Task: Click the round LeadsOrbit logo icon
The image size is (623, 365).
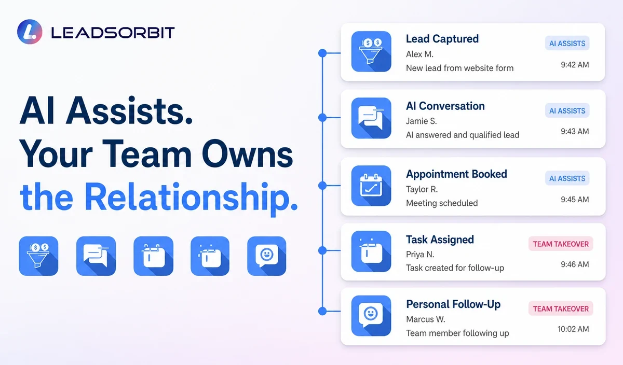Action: coord(30,32)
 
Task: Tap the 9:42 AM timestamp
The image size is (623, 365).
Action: coord(575,65)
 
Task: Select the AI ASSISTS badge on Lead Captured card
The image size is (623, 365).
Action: coord(567,44)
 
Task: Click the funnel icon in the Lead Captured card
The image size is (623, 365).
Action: coord(371,51)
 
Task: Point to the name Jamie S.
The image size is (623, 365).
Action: coord(421,121)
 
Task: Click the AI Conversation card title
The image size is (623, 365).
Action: coord(445,106)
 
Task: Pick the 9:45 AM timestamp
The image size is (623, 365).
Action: coord(575,200)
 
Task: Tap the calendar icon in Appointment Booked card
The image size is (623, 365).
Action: coord(371,186)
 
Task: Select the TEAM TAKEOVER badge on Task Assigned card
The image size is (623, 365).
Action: coord(561,244)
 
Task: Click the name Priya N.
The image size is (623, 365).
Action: coord(420,255)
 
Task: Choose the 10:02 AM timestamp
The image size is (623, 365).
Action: coord(573,329)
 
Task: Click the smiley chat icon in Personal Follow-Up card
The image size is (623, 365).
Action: coord(371,316)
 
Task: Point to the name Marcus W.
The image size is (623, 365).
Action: coord(426,319)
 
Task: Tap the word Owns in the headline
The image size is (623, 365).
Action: coord(247,153)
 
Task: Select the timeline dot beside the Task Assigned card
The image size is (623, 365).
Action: coord(322,250)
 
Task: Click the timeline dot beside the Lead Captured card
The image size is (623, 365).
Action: coord(322,53)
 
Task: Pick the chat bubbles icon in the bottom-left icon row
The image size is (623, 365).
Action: coord(96,256)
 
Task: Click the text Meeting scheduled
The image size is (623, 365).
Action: coord(442,203)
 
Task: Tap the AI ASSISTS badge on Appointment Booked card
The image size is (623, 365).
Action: coord(567,178)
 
